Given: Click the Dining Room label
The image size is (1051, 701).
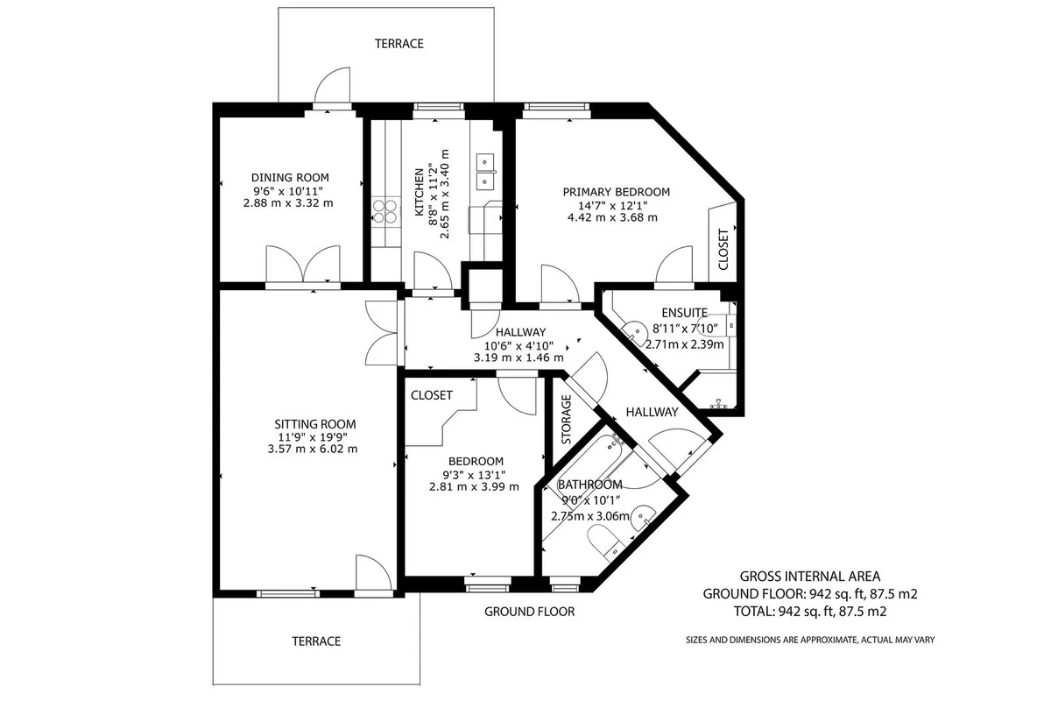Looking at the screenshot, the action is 290,178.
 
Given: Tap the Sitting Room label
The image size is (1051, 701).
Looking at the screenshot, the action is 314,424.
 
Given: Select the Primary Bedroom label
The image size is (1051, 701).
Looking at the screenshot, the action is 616,192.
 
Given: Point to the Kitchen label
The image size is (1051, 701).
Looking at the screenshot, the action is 420,193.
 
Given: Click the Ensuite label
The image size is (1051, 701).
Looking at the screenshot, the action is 685,313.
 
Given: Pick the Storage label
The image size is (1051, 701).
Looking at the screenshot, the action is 567,419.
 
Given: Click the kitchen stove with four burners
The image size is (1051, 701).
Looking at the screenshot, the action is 385,211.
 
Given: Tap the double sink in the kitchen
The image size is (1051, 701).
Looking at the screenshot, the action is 486,172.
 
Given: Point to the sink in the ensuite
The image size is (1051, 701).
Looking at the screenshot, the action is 635,332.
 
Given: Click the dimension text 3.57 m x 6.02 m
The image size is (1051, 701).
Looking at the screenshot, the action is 313,449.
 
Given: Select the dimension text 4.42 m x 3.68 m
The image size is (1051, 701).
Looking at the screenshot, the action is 612,218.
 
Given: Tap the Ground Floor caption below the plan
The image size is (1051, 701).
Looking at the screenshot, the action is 529,612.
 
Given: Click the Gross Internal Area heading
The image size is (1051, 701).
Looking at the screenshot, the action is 810,576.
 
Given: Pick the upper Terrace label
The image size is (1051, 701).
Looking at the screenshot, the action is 399,44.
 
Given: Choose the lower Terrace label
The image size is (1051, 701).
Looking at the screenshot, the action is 316,641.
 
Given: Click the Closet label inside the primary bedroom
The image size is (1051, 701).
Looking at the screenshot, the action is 723,250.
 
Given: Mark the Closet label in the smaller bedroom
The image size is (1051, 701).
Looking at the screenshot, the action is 432,395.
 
